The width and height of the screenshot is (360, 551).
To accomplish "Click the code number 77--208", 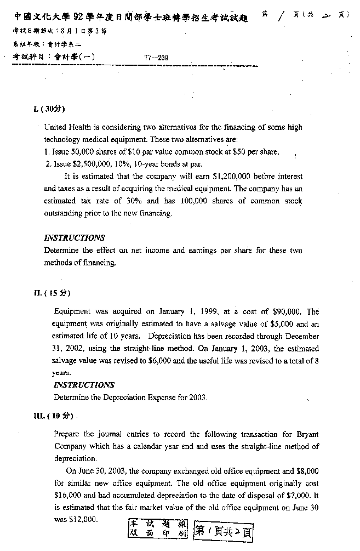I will [156, 57].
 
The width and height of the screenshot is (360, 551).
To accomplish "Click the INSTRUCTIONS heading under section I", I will [74, 238].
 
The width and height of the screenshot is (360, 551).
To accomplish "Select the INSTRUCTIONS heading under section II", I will [84, 385].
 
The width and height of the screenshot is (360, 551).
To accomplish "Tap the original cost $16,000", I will [67, 496].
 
